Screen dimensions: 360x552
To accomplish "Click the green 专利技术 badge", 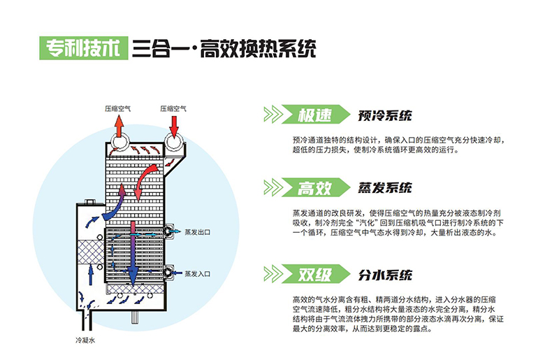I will [80, 49].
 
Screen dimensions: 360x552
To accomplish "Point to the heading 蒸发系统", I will [384, 188].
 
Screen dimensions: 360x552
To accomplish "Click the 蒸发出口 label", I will [197, 231].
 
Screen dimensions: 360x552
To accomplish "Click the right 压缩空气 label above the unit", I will [173, 108].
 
